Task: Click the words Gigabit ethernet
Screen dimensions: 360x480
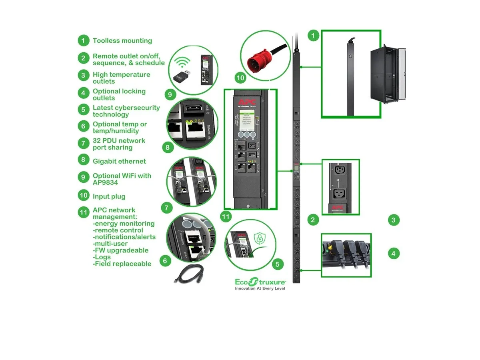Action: [119, 161]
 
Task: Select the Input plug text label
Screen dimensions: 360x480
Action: [109, 196]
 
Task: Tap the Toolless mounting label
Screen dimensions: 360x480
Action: [122, 40]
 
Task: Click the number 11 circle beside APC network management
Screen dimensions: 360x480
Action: [83, 212]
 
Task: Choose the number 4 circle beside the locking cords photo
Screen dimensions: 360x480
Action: [394, 253]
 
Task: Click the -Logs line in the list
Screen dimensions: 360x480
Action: [102, 257]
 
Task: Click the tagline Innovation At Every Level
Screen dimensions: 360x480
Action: [260, 288]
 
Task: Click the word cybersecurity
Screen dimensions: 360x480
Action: [137, 108]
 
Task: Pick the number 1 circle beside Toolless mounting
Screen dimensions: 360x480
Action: [83, 40]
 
